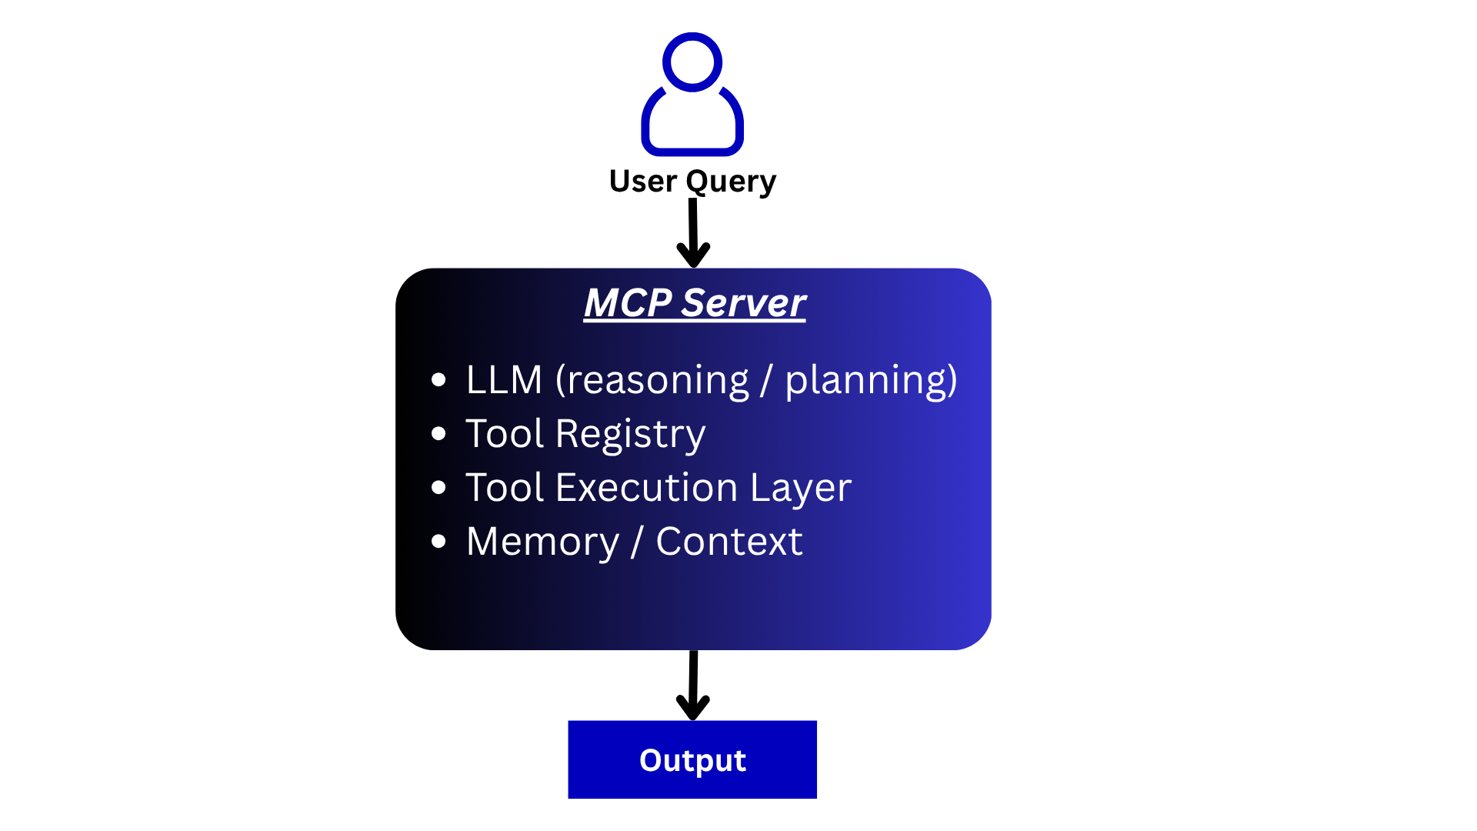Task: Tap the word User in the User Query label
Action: pyautogui.click(x=642, y=182)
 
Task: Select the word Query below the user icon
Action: pyautogui.click(x=730, y=182)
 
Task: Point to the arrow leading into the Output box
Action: pyautogui.click(x=693, y=685)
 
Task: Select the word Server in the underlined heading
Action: pyautogui.click(x=743, y=302)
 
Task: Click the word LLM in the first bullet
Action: pyautogui.click(x=504, y=380)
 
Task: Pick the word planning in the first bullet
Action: pyautogui.click(x=866, y=380)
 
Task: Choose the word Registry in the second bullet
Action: pyautogui.click(x=630, y=434)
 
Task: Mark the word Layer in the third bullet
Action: pyautogui.click(x=800, y=488)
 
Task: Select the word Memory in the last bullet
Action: pyautogui.click(x=542, y=542)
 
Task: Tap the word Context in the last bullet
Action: pyautogui.click(x=728, y=542)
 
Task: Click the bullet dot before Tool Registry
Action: pyautogui.click(x=438, y=434)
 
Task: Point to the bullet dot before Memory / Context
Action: pyautogui.click(x=438, y=542)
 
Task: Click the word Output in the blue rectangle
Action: pyautogui.click(x=692, y=760)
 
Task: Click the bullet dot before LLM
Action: pyautogui.click(x=438, y=379)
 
